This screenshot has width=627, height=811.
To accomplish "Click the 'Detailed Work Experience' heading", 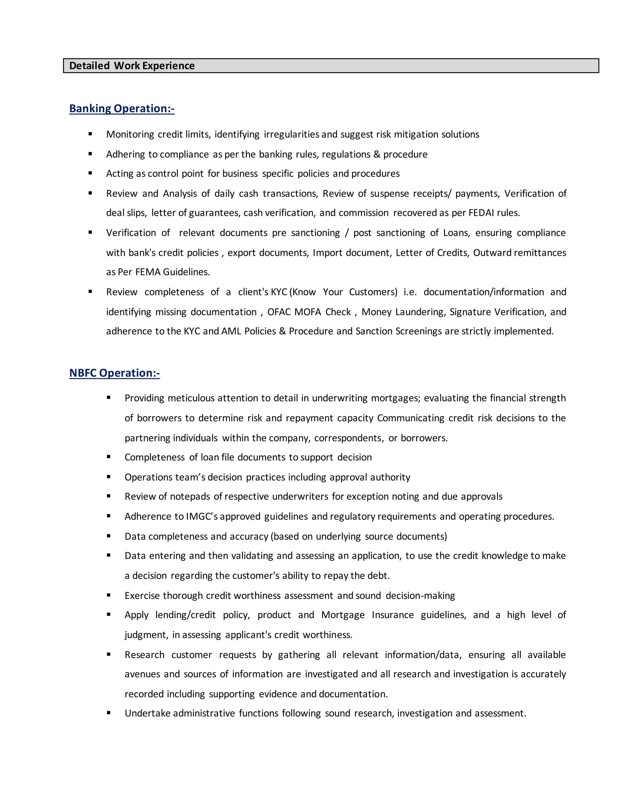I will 132,66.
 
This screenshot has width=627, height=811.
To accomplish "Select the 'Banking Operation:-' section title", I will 122,108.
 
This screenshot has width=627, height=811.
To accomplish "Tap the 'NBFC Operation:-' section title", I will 115,373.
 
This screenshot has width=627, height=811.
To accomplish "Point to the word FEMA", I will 148,272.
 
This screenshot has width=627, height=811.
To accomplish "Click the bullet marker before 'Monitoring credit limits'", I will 90,134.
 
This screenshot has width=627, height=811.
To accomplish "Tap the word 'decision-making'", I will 420,596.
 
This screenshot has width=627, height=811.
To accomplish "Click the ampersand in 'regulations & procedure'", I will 377,154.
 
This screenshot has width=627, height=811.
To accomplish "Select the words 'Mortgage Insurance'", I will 367,615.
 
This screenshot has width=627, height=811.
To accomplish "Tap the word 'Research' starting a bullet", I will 145,655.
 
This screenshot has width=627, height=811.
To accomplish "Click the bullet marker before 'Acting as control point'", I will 90,174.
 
